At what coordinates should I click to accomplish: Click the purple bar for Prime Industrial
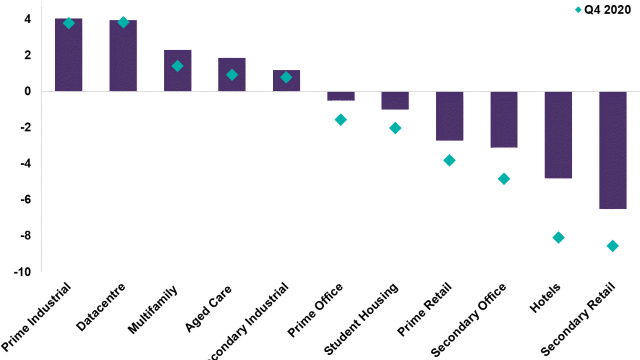coord(68,55)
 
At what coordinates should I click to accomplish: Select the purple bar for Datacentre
coord(123,56)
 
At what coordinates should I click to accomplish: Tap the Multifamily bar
coord(177,71)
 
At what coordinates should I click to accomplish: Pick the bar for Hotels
coord(558,135)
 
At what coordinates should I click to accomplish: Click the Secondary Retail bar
coord(612,150)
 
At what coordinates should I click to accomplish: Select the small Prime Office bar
coord(341,96)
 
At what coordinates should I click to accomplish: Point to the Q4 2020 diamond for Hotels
coord(558,238)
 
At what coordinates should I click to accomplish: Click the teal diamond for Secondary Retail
coord(612,246)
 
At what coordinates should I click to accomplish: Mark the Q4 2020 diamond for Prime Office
coord(341,120)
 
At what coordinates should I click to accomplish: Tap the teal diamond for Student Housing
coord(395,128)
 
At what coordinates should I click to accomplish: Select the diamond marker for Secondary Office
coord(504,179)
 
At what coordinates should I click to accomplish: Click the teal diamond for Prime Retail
coord(449,160)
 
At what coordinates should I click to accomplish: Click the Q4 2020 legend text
coord(607,10)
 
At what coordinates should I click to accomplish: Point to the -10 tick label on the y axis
coord(22,272)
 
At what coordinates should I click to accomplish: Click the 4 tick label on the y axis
coord(27,19)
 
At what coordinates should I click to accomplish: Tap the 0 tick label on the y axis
coord(27,91)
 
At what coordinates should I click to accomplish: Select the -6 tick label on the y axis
coord(25,200)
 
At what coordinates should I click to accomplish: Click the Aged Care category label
coord(208,309)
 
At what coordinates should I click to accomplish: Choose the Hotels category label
coord(545,298)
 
